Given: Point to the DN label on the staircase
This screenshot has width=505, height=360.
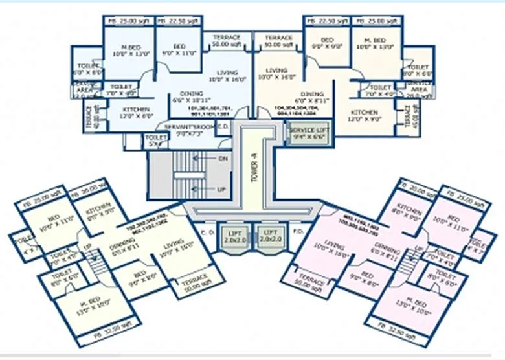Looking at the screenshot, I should [x=223, y=158].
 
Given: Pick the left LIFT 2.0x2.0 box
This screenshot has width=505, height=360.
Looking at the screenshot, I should [x=232, y=236].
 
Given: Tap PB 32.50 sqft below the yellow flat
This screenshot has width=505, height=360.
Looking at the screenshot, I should [x=115, y=337].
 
